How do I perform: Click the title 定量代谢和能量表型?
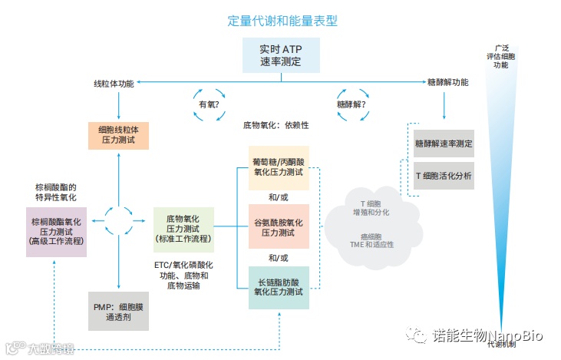[279, 20]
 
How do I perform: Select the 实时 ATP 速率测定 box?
[280, 54]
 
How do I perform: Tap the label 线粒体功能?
[114, 83]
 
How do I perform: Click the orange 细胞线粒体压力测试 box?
[117, 135]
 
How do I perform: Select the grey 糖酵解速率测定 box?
[444, 144]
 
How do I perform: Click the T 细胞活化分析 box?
[444, 176]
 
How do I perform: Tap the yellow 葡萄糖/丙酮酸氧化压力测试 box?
[278, 167]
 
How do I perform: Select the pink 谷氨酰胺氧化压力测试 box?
[278, 226]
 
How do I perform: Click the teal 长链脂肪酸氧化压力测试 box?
[278, 286]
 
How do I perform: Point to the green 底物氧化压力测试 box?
[183, 229]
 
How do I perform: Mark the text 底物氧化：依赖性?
[281, 124]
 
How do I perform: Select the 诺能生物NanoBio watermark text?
[483, 335]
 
